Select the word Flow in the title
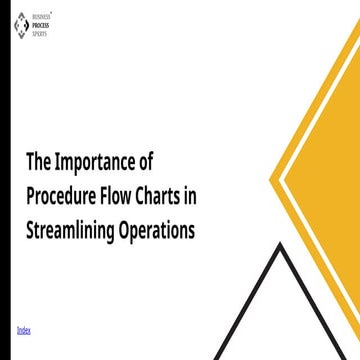tap(125, 195)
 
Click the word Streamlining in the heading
tap(74, 229)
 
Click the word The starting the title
tap(38, 162)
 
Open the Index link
tap(24, 329)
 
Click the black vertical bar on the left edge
tap(5, 180)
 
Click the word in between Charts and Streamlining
tap(191, 195)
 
